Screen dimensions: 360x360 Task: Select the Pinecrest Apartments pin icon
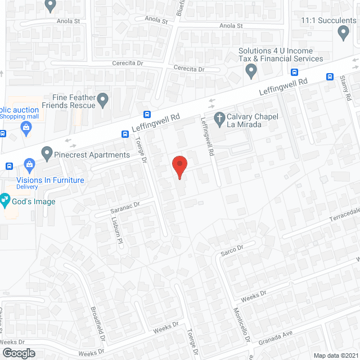47,152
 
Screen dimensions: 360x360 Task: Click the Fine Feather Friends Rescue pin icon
102,100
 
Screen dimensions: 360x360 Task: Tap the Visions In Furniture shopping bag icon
29,164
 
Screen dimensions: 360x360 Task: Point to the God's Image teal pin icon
4,199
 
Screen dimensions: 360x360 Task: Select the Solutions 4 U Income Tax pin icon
251,71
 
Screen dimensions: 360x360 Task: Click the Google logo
18,353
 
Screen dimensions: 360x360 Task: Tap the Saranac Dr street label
124,208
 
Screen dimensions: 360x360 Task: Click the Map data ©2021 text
335,355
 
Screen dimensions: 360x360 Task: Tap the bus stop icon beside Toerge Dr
125,134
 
